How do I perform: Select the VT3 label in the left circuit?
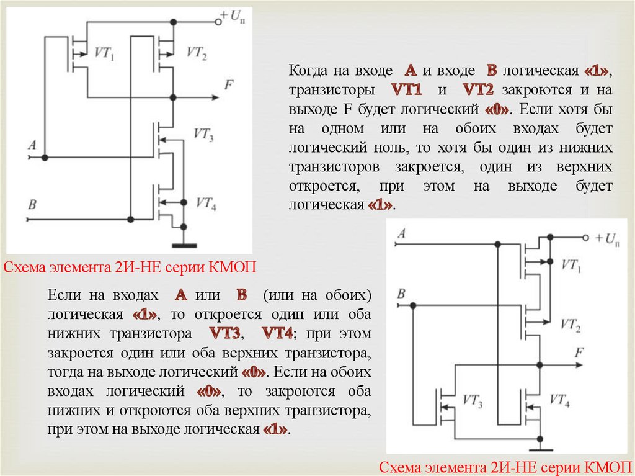[x=203, y=134]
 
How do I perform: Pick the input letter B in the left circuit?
[x=32, y=204]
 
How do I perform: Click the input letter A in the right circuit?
[x=402, y=234]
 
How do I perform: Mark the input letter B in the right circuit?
[x=402, y=293]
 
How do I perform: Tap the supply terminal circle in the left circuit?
[x=218, y=22]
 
